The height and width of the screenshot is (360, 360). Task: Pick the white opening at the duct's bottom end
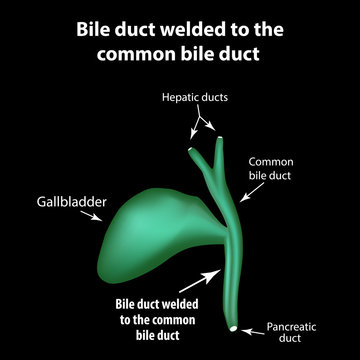pos(233,328)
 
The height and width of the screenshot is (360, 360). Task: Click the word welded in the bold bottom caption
pos(181,304)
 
